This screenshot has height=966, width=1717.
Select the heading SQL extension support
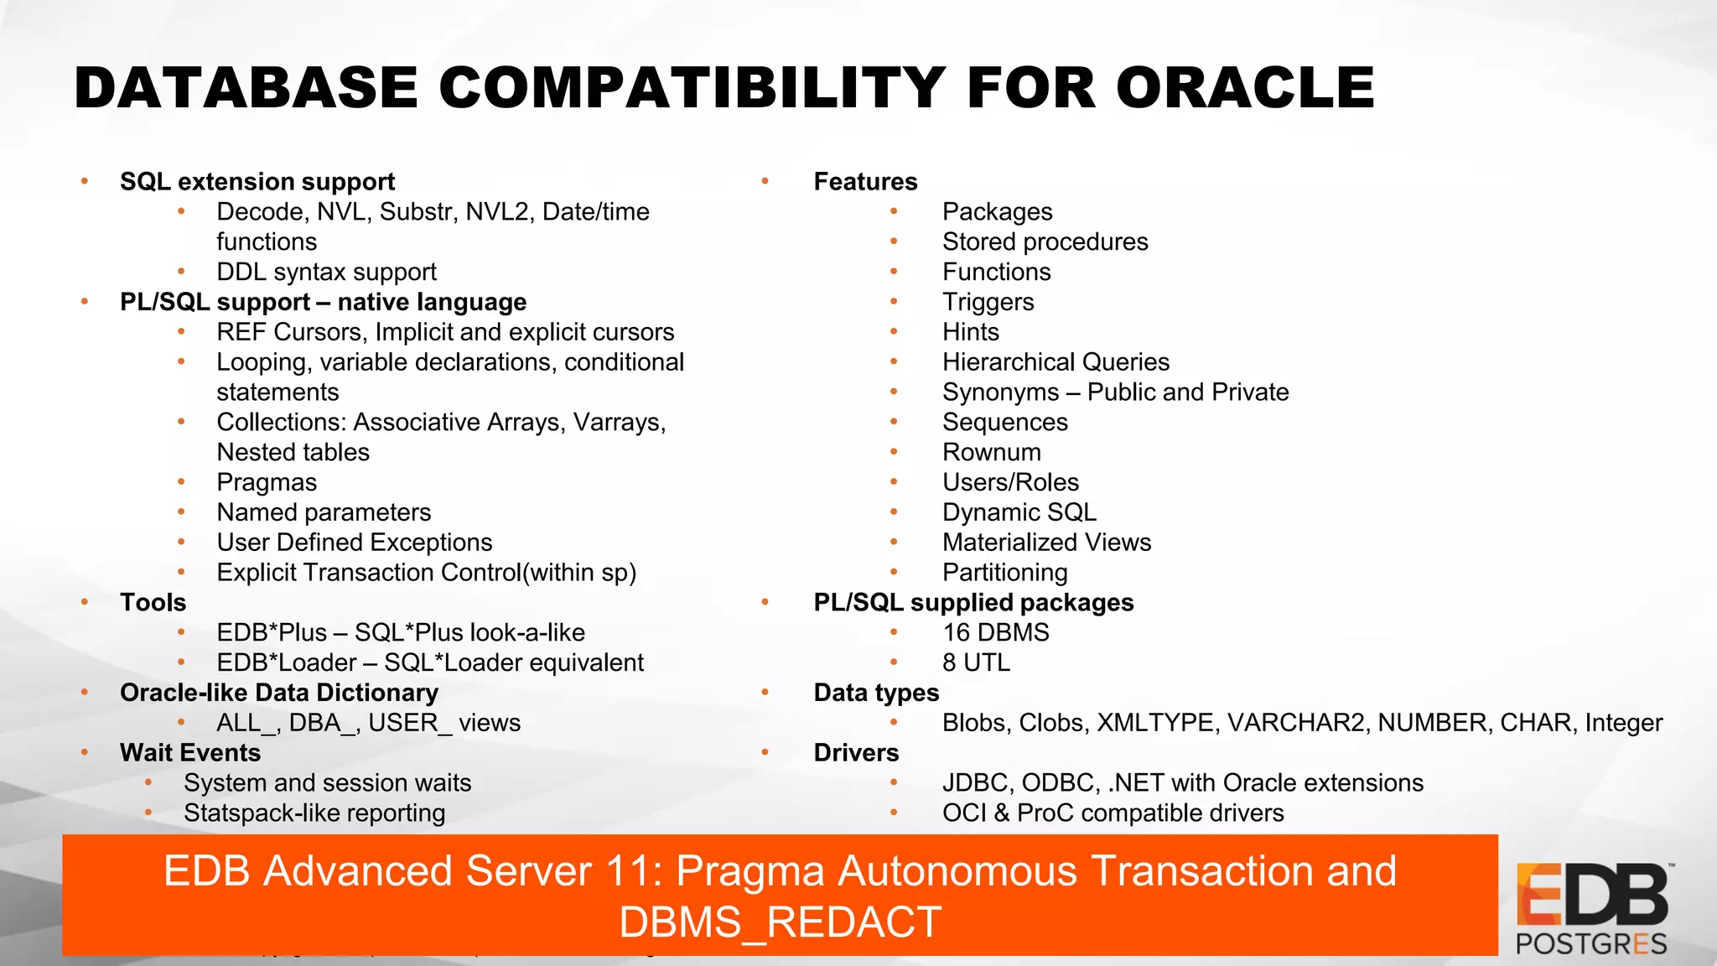coord(257,181)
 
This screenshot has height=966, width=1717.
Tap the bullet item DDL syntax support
coord(326,272)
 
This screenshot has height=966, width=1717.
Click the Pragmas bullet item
coord(267,482)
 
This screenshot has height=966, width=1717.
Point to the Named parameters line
coord(324,512)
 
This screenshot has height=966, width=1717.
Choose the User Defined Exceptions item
coord(354,543)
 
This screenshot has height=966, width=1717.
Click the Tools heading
coord(153,602)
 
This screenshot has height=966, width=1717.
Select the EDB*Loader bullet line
coord(429,662)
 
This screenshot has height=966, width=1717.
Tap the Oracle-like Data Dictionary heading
coord(278,693)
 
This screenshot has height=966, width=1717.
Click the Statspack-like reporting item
coord(314,813)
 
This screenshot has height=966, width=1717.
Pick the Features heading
coord(865,181)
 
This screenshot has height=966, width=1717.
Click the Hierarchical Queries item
coord(1056,362)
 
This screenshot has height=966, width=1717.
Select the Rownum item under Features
coord(991,452)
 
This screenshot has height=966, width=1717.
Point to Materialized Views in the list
coord(1046,543)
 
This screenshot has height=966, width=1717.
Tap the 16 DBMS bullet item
coord(995,632)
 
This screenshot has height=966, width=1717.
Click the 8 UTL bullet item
coord(976,662)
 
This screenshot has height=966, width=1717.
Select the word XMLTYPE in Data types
coord(1155,723)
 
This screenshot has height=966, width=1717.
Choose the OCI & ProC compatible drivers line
coord(1113,813)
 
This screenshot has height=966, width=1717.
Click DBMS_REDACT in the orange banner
coord(780,922)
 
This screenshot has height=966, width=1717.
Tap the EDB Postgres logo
coord(1591,909)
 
